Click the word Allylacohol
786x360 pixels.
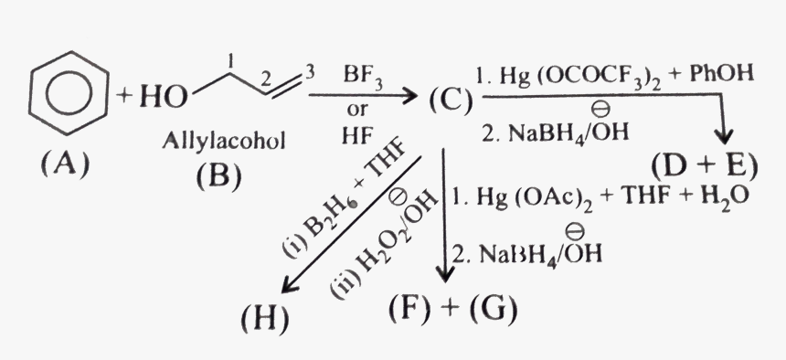(218, 142)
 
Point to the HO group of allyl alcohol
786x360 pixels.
(161, 98)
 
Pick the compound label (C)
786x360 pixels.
(448, 97)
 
